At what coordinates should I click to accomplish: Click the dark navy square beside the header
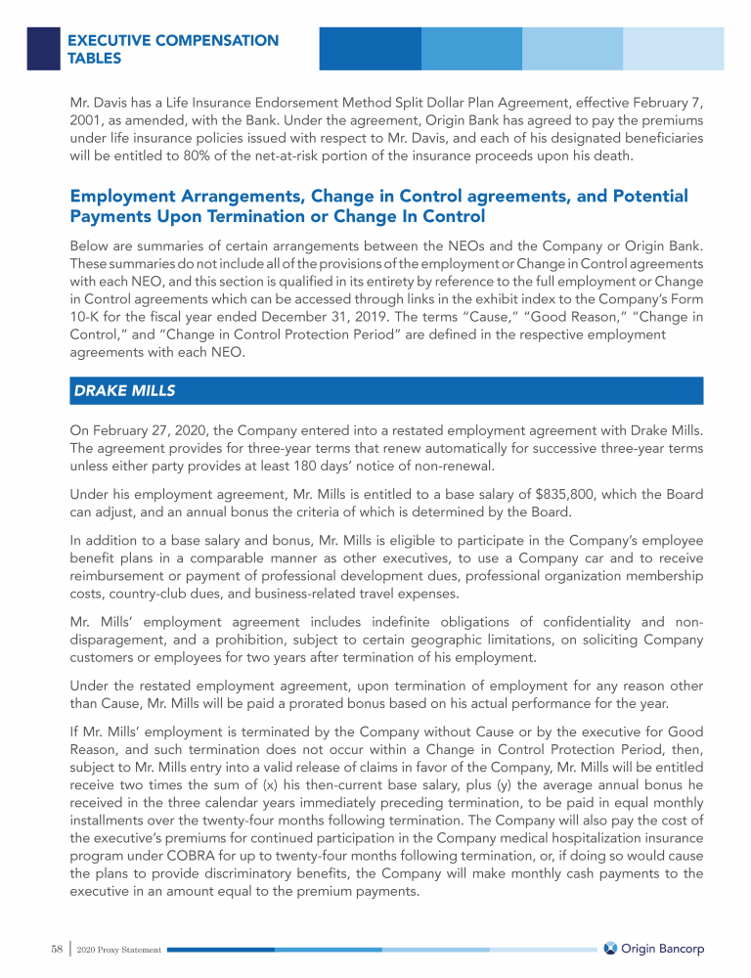click(x=43, y=48)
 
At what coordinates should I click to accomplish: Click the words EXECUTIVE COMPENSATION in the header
click(x=173, y=41)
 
